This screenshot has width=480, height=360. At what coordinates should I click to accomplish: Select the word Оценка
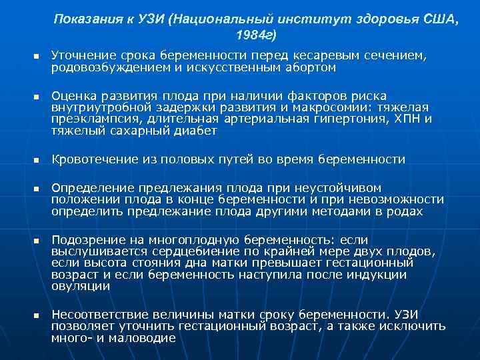73,96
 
